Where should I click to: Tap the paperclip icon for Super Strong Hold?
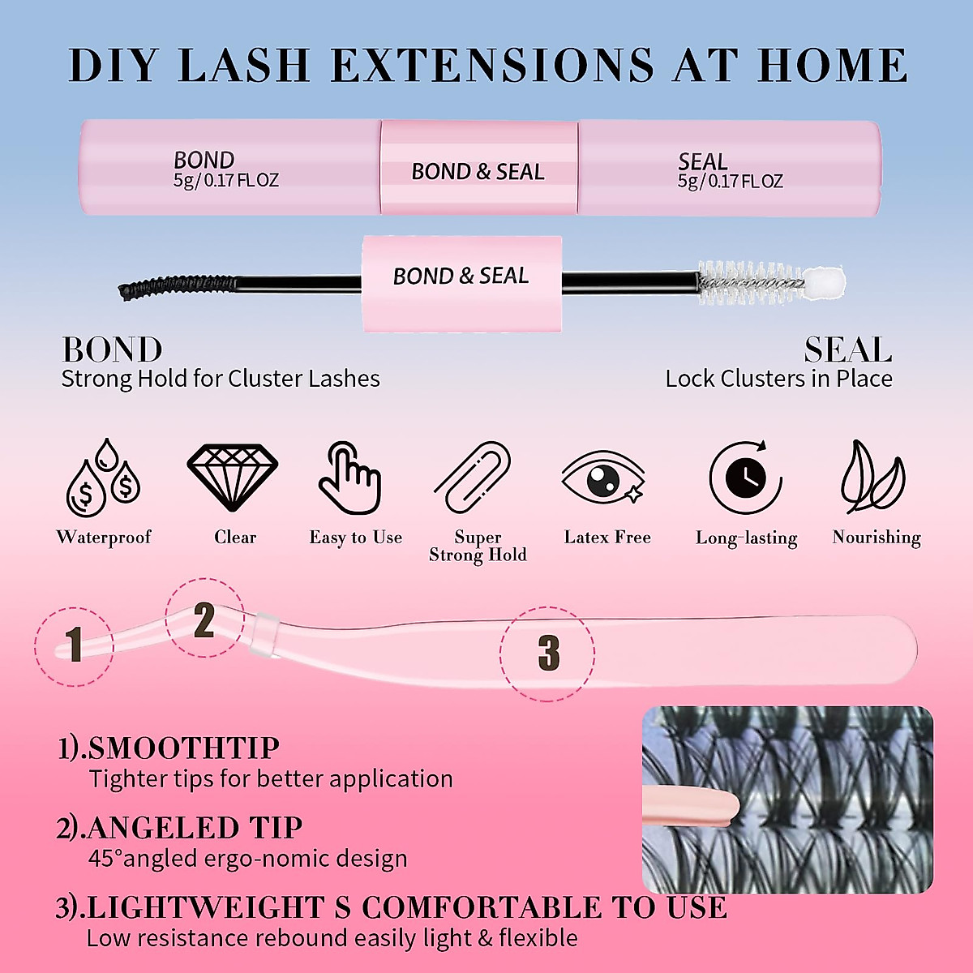click(473, 478)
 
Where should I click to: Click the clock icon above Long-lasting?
click(746, 478)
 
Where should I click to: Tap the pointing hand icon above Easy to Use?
click(349, 478)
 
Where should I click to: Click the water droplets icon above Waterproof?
click(103, 478)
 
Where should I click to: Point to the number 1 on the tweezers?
click(75, 645)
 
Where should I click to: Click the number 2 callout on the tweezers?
click(204, 620)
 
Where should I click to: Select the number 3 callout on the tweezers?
click(548, 653)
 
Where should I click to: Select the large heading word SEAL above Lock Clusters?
click(847, 350)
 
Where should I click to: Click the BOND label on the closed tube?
click(204, 160)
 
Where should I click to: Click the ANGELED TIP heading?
click(195, 828)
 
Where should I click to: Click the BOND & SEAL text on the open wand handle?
click(461, 276)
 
